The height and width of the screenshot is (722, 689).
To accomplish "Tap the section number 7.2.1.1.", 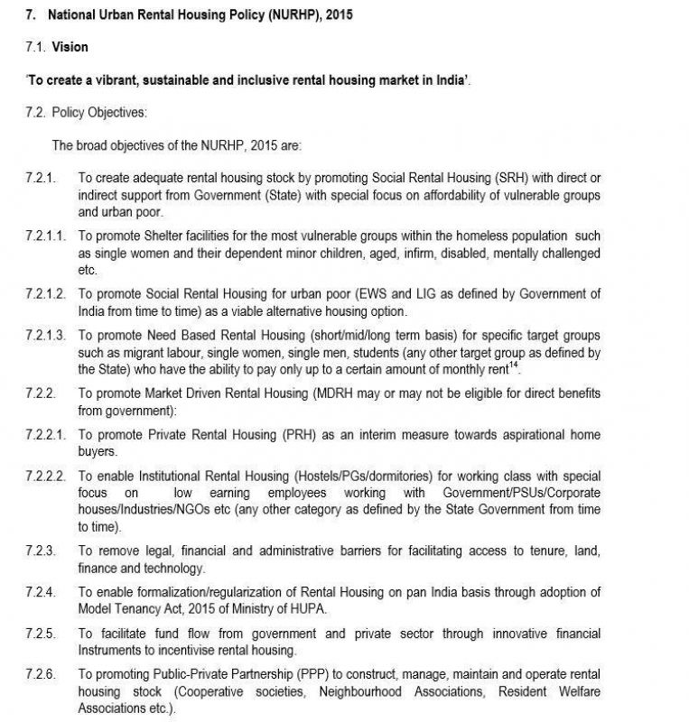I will tap(45, 236).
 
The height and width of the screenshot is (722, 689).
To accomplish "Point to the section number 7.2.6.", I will tap(40, 675).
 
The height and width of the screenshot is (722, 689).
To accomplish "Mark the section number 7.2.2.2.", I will tap(45, 477).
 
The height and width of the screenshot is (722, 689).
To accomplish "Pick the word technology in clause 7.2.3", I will tap(174, 568).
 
